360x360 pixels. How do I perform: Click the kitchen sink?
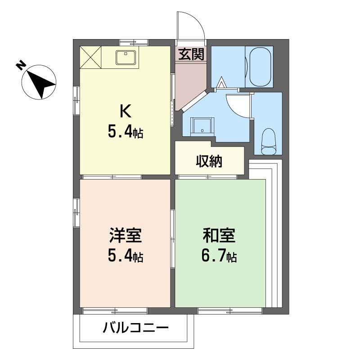coord(124,57)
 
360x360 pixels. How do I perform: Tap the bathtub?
coord(259,67)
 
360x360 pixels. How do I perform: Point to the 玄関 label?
coord(191,54)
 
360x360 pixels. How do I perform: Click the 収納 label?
coord(209,161)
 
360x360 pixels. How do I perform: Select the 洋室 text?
coord(125,236)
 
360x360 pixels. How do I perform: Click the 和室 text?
coord(219,236)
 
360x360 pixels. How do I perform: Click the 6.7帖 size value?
coord(219,256)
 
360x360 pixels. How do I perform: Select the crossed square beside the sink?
coord(90,57)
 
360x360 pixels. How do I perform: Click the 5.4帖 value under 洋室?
coord(125,256)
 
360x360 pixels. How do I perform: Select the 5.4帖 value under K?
coord(125,132)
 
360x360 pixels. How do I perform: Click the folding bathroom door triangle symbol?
coord(221,83)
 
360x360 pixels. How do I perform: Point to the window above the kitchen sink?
coord(134,43)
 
